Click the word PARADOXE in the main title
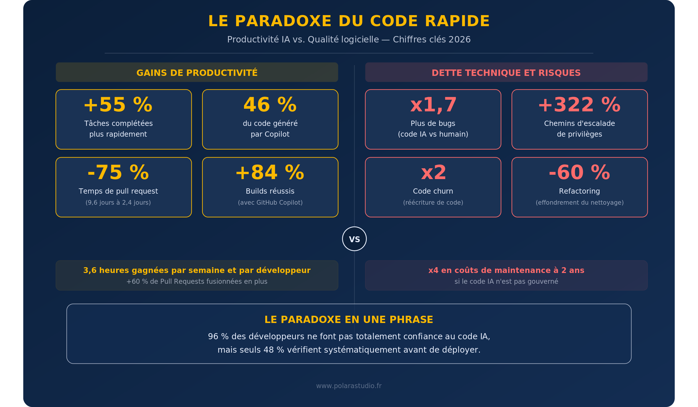tap(283, 21)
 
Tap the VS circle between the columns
tap(354, 239)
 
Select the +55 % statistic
tap(118, 105)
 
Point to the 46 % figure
tap(270, 105)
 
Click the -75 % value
tap(118, 173)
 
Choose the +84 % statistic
tap(270, 173)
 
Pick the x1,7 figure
tap(433, 105)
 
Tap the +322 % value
tap(579, 105)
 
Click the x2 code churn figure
tap(433, 173)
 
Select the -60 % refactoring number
tap(579, 173)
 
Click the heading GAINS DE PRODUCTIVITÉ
tap(197, 73)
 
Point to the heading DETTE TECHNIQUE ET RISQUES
tap(506, 73)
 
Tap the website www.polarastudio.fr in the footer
tap(349, 386)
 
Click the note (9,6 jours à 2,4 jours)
tap(118, 203)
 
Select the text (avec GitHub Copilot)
tap(270, 203)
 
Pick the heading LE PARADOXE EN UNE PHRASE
tap(349, 320)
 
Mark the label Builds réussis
tap(270, 191)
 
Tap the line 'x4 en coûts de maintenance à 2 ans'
tap(506, 270)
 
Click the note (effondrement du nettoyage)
tap(579, 203)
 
